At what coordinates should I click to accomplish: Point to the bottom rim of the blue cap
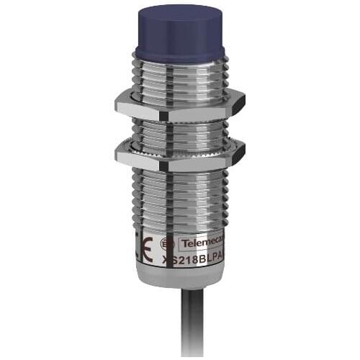[x=180, y=53]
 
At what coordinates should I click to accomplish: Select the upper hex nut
[x=180, y=102]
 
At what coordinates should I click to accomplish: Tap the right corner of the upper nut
[x=243, y=102]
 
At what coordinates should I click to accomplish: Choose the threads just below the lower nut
[x=180, y=180]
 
